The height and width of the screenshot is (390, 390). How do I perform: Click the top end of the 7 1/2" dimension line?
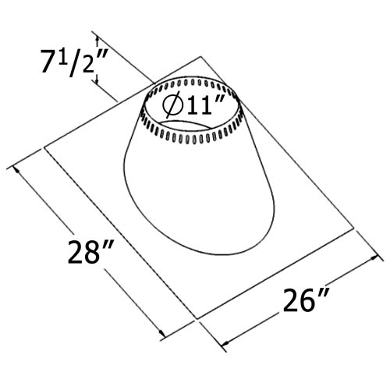coord(96,34)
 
